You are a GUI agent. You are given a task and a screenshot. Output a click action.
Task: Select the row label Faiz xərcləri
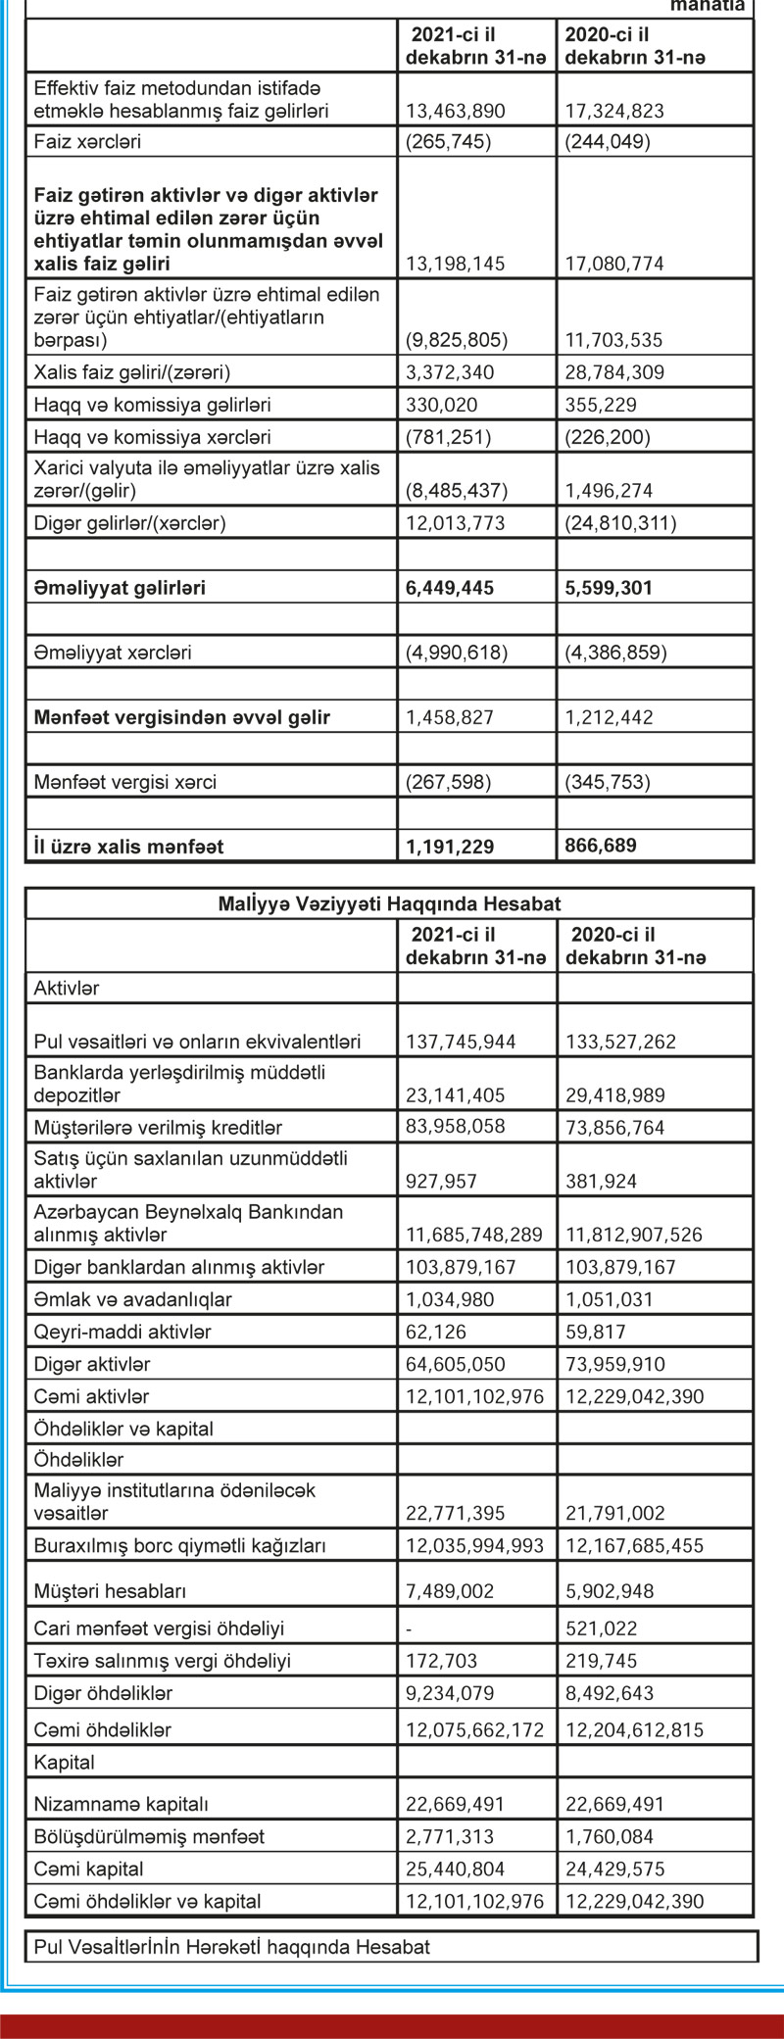[x=87, y=141]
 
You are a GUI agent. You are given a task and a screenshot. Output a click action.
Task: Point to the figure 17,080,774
[x=614, y=264]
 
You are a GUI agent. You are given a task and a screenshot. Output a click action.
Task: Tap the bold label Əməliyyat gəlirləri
[x=120, y=588]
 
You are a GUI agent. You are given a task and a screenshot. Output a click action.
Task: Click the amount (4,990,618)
[x=457, y=653]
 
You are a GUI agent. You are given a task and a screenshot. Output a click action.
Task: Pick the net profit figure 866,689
[x=601, y=845]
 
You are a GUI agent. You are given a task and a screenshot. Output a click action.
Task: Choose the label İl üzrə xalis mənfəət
[x=128, y=846]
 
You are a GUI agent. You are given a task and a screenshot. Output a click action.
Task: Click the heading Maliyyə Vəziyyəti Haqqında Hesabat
[x=389, y=903]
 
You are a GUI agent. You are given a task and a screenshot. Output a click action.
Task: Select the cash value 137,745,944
[x=461, y=1042]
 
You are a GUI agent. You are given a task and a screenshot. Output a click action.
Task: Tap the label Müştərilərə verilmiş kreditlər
[x=158, y=1128]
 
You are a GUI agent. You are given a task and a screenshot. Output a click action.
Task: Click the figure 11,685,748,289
[x=474, y=1235]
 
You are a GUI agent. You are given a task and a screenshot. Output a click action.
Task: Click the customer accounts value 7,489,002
[x=450, y=1591]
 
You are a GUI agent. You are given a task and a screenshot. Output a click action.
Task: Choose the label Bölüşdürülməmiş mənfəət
[x=149, y=1837]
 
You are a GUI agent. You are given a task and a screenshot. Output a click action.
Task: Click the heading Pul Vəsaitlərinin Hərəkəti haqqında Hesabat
[x=231, y=1947]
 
